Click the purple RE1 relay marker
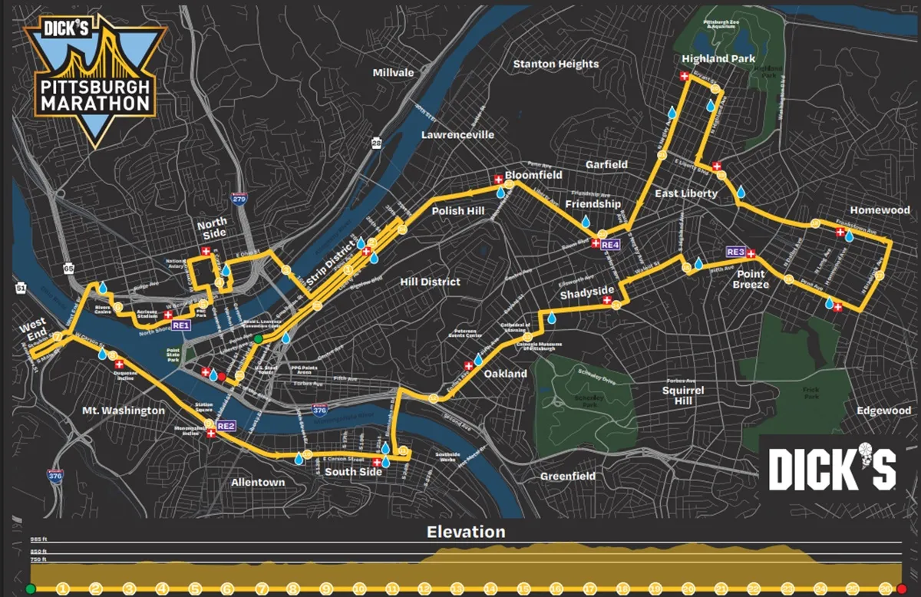point(181,325)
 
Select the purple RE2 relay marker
point(226,425)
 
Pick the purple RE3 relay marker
point(734,252)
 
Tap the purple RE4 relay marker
point(610,245)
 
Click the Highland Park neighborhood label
point(718,58)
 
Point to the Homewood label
point(880,209)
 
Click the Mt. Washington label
point(123,411)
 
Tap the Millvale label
point(393,72)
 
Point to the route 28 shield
point(376,143)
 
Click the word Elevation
point(466,532)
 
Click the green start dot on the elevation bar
point(31,589)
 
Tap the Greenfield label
point(568,476)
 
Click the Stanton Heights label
point(555,64)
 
